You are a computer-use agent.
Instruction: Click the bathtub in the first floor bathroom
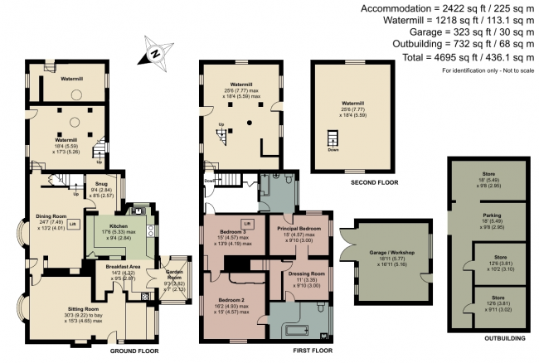tap(294, 332)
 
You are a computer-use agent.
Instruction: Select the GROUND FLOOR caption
tap(134, 351)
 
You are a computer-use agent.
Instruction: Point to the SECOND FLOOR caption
tap(347, 181)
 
